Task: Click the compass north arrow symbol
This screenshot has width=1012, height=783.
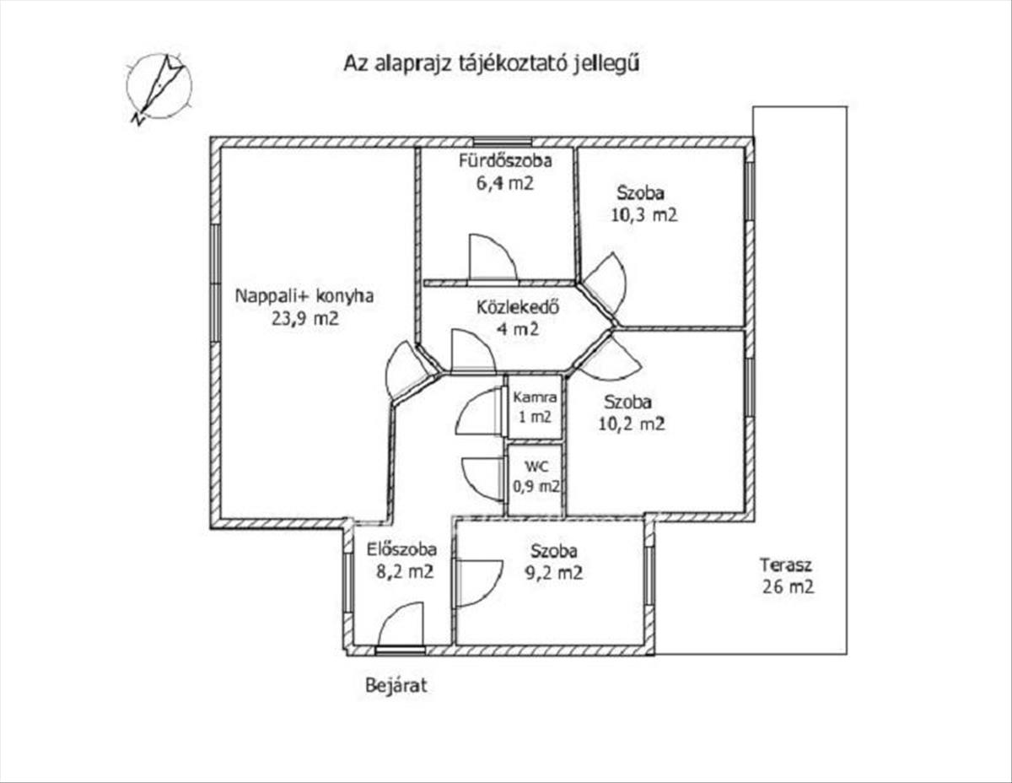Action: pos(159,89)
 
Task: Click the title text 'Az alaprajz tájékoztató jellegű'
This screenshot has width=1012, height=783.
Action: pos(491,64)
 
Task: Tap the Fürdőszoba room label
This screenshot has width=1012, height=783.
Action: pos(505,160)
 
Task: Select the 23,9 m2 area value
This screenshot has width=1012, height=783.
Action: pos(304,319)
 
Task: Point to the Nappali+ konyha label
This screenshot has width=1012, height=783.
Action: pos(304,296)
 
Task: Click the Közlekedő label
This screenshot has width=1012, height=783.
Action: pos(518,307)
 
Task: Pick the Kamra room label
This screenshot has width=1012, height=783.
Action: pos(535,397)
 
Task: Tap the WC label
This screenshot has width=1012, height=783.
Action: pos(536,467)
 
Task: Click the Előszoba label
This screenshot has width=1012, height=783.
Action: pos(401,549)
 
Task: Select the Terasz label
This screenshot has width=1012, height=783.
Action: pos(786,565)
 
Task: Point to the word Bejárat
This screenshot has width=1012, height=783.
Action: pos(396,686)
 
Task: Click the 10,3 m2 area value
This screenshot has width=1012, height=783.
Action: pos(643,215)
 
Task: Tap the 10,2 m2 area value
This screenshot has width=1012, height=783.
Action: pos(631,424)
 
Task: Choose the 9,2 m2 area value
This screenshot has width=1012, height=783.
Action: pos(554,573)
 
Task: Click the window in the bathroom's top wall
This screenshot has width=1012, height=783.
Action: pos(503,142)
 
